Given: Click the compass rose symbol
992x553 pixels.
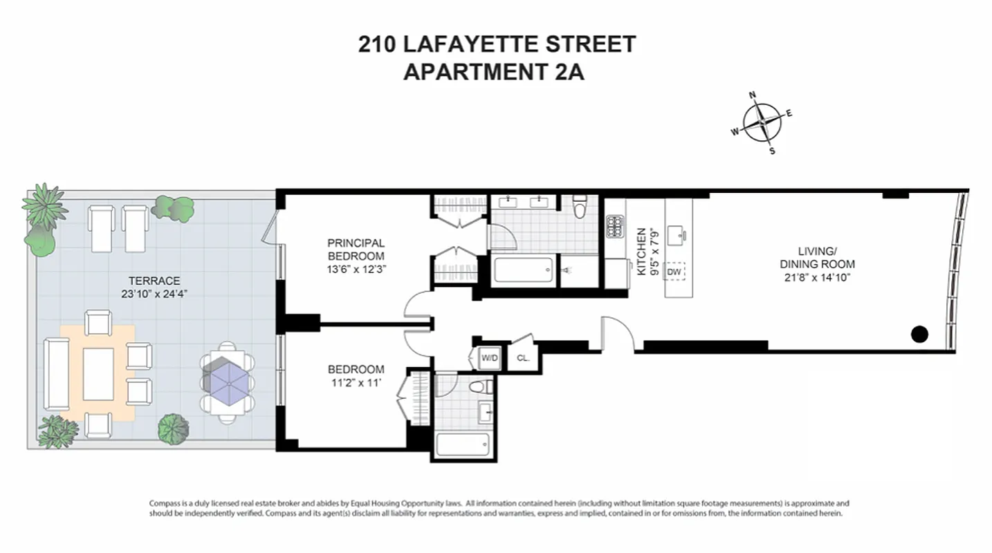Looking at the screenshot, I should tap(762, 122).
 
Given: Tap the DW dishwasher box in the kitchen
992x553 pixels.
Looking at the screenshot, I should tap(674, 272).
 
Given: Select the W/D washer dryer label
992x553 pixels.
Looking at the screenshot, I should tap(490, 358).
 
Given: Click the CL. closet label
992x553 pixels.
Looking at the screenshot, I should tap(523, 358).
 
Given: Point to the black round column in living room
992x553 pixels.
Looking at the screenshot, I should tap(919, 335).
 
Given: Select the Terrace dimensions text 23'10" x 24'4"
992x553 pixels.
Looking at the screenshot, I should tap(154, 293).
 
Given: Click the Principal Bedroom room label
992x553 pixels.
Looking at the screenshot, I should tap(356, 250).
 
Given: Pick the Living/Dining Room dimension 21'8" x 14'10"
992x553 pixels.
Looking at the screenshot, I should tap(817, 276).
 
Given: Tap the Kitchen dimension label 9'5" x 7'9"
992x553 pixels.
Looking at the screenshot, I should tap(654, 252).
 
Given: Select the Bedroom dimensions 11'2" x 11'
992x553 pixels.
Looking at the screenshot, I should tap(356, 382).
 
